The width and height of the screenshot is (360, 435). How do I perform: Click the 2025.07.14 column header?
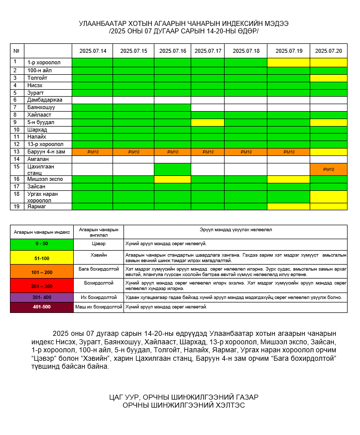92,51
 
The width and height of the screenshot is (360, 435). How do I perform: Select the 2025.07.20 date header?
329,51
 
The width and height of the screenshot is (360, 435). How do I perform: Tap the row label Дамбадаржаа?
45,100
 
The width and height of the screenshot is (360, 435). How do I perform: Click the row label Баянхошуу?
41,108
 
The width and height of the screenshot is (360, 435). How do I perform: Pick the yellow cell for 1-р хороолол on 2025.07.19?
288,62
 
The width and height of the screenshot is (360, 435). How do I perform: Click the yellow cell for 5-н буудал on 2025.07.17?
208,123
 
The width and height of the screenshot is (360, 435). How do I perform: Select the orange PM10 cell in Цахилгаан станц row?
329,169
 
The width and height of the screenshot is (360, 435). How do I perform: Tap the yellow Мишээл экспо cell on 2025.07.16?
172,179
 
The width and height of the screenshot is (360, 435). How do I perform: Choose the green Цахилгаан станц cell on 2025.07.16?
172,169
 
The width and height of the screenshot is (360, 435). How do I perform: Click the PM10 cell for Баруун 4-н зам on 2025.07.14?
92,152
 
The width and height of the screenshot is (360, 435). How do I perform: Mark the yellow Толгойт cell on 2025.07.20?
329,78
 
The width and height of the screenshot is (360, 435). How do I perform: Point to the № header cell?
17,51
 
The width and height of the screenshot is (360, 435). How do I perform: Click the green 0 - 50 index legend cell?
41,244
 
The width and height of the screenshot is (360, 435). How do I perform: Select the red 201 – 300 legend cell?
41,287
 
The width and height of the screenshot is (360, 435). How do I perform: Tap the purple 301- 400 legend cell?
41,297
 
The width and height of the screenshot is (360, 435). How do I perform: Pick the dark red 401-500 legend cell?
41,307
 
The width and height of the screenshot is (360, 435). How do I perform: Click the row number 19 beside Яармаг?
17,206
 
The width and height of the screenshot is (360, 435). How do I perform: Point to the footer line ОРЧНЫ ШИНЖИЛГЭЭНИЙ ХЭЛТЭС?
184,405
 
